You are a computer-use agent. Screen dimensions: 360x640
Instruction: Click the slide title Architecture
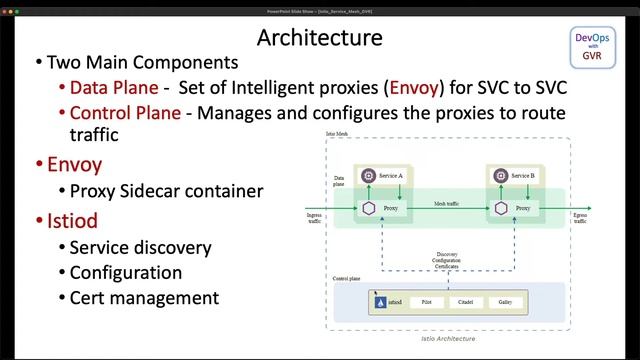(319, 38)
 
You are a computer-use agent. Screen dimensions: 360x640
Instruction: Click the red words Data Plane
(114, 88)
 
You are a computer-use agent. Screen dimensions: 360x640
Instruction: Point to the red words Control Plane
(125, 113)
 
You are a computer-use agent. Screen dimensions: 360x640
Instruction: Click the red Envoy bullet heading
(75, 163)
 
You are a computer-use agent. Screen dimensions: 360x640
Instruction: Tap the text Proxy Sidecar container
(166, 190)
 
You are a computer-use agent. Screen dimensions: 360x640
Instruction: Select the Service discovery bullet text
(140, 247)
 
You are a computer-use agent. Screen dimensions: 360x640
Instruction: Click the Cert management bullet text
(144, 297)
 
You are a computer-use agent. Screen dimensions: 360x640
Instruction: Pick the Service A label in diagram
(390, 176)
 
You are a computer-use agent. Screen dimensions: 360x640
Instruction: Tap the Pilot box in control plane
(427, 301)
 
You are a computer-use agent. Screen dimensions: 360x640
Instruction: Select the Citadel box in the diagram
(464, 301)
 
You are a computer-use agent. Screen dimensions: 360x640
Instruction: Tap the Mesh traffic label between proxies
(447, 203)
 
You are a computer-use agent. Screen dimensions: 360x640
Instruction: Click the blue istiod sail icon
(377, 300)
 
